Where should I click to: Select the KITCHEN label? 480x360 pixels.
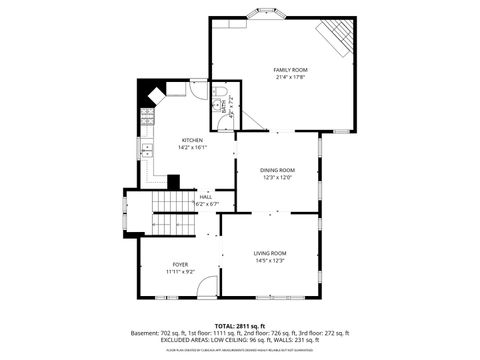192,140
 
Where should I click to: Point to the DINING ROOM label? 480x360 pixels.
278,170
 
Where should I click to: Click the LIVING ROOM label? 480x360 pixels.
270,253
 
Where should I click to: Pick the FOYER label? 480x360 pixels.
180,264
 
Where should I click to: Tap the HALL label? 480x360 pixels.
206,197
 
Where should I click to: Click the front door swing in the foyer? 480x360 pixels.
207,288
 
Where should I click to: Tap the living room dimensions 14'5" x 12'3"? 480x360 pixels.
270,260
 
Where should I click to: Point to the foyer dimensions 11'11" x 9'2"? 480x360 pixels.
180,271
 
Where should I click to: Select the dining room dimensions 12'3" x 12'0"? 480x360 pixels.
278,177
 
